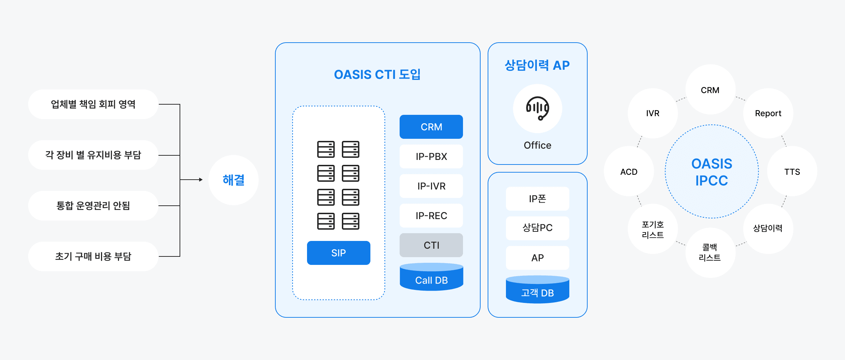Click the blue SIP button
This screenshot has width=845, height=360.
pyautogui.click(x=338, y=253)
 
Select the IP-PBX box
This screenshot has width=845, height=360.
pyautogui.click(x=431, y=156)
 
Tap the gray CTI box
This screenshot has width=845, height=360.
pyautogui.click(x=431, y=245)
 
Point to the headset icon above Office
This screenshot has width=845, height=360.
pyautogui.click(x=537, y=108)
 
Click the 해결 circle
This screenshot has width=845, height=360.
pyautogui.click(x=233, y=180)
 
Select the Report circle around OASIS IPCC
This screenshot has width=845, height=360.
pyautogui.click(x=768, y=113)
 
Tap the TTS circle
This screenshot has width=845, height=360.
pyautogui.click(x=792, y=172)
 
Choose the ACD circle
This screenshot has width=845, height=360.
pyautogui.click(x=629, y=172)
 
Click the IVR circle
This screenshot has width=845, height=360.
pyautogui.click(x=652, y=113)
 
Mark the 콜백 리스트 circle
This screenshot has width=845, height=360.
pyautogui.click(x=710, y=253)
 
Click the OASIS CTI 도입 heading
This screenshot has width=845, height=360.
pyautogui.click(x=377, y=75)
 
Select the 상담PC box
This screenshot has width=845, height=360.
pyautogui.click(x=537, y=228)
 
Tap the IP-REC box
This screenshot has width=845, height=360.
pyautogui.click(x=431, y=216)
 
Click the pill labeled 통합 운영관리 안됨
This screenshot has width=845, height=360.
pyautogui.click(x=93, y=206)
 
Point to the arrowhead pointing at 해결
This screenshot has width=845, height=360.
pyautogui.click(x=201, y=180)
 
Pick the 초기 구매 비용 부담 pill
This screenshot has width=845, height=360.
pyautogui.click(x=93, y=256)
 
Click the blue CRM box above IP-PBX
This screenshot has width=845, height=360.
pyautogui.click(x=431, y=127)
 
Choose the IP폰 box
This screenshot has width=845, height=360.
pyautogui.click(x=537, y=199)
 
